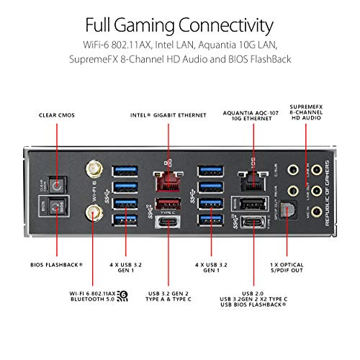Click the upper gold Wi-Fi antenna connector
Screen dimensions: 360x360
[x=93, y=170]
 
